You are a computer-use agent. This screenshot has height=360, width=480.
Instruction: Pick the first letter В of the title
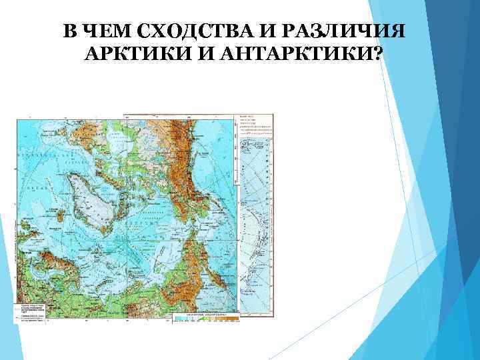tap(70, 32)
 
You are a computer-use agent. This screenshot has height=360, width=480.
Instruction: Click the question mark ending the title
tap(378, 55)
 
